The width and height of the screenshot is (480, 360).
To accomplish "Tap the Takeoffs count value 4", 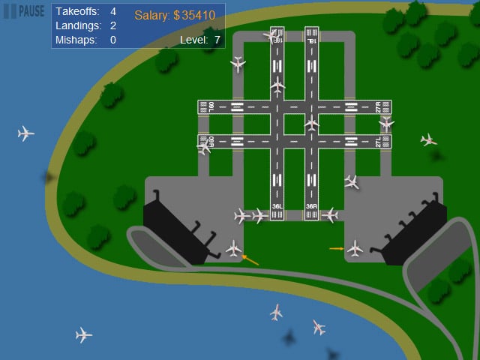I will pyautogui.click(x=113, y=12).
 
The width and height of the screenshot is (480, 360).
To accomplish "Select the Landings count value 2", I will pyautogui.click(x=113, y=25).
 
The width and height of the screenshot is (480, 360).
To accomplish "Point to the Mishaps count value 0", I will pyautogui.click(x=113, y=40).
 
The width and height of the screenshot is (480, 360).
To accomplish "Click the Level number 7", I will pyautogui.click(x=217, y=40).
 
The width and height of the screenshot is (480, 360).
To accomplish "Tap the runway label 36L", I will pyautogui.click(x=277, y=206).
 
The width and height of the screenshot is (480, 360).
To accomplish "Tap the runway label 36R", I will pyautogui.click(x=312, y=206).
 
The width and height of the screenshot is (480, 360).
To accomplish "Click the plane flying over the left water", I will pyautogui.click(x=26, y=133).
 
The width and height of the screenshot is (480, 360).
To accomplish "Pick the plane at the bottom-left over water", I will pyautogui.click(x=83, y=334).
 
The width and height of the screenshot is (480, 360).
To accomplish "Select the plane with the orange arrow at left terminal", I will pyautogui.click(x=234, y=247).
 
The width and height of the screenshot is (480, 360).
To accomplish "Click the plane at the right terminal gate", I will pyautogui.click(x=355, y=247).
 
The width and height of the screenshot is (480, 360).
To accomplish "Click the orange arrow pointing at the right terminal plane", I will pyautogui.click(x=336, y=247).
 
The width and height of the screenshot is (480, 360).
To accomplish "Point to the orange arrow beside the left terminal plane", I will pyautogui.click(x=250, y=259).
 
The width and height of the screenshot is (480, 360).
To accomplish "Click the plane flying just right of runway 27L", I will pyautogui.click(x=428, y=139).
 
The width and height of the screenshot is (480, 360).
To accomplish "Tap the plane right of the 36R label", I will pyautogui.click(x=329, y=215).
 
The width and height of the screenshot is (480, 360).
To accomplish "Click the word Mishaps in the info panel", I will pyautogui.click(x=76, y=40).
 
